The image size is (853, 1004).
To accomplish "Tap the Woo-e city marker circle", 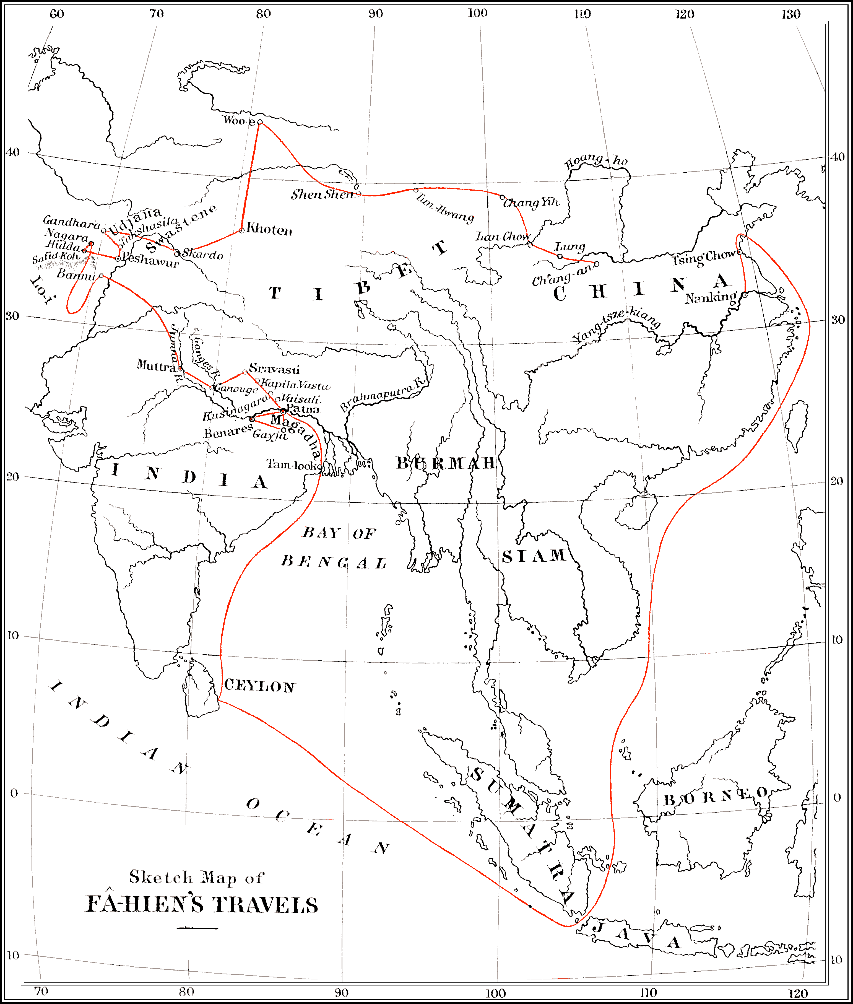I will (260, 122).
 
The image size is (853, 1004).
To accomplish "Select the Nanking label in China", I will (710, 297).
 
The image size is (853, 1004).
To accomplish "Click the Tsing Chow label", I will (704, 258).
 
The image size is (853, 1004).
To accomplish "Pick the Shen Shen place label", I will (323, 194).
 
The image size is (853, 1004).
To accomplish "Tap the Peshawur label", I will (150, 260).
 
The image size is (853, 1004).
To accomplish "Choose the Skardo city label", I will (203, 254).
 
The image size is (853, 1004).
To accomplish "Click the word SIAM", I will (534, 556).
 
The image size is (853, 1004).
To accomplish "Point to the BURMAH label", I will (446, 463).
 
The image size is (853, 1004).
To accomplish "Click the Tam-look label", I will (293, 465).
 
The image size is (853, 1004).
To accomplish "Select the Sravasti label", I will (274, 370).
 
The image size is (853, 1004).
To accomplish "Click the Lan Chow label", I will (502, 237).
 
